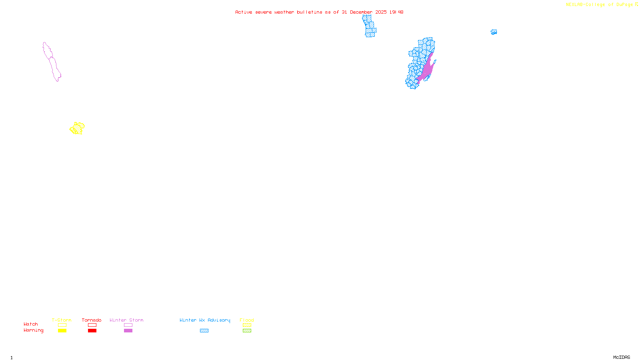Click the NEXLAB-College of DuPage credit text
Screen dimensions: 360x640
tap(599, 5)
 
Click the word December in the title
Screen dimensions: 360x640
tap(361, 12)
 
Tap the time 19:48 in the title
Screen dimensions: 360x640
tap(396, 12)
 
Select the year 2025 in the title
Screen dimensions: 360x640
tap(381, 12)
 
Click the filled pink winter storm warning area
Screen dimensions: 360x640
tap(427, 70)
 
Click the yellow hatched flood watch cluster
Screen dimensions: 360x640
tap(77, 128)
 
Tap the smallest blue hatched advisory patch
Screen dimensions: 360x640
tap(494, 32)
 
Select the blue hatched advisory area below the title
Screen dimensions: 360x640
tap(369, 26)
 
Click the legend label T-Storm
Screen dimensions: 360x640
tap(62, 320)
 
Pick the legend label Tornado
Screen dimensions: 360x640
tap(92, 320)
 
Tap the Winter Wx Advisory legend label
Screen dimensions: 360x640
tap(205, 320)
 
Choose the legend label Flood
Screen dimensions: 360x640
tap(247, 320)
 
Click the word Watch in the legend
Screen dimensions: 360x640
tap(31, 324)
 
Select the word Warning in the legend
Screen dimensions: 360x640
tap(33, 330)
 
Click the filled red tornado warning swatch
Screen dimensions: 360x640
tap(92, 331)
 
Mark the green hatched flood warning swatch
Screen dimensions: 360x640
tap(247, 331)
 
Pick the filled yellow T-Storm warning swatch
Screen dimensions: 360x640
tap(62, 331)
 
